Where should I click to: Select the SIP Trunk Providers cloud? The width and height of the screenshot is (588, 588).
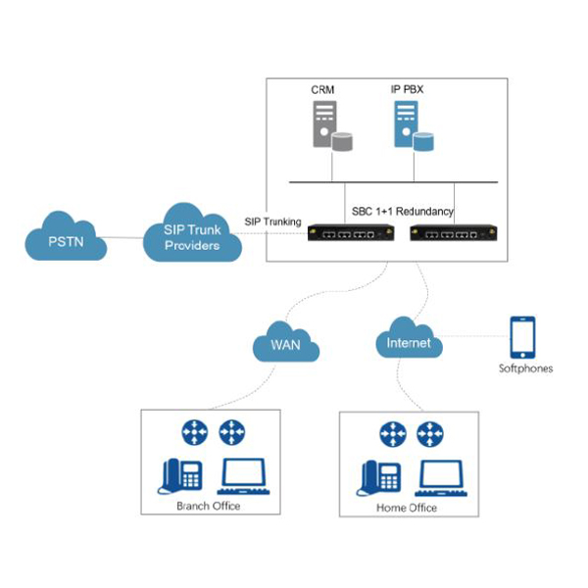click(x=192, y=236)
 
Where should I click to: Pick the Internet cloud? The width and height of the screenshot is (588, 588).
click(x=408, y=343)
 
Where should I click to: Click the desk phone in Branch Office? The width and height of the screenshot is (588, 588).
click(x=179, y=476)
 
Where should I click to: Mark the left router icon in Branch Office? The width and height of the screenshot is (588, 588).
click(x=192, y=432)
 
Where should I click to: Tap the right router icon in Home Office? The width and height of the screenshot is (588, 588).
click(x=429, y=433)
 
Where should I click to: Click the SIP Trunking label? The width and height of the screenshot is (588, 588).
click(x=273, y=223)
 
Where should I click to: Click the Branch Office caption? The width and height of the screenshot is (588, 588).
click(x=208, y=506)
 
